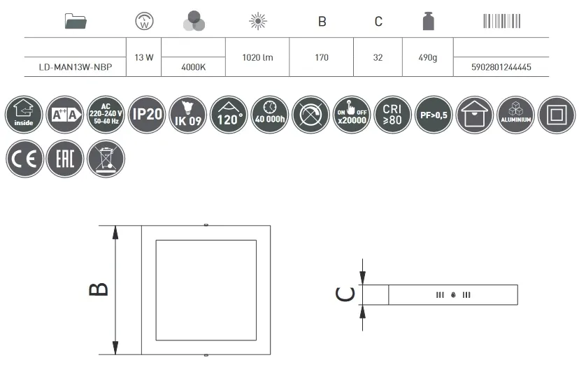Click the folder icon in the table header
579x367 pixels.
[x=76, y=21]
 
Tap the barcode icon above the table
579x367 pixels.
[x=502, y=21]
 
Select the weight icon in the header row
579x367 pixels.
[x=429, y=21]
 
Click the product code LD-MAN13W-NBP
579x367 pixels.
[x=76, y=67]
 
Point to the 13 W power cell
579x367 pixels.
[x=144, y=57]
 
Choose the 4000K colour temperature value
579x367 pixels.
[x=194, y=67]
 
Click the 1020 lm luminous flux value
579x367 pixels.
[x=257, y=57]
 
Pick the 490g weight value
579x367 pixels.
[x=427, y=58]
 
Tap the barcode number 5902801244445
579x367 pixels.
[x=501, y=67]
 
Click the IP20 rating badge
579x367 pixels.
[x=147, y=115]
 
